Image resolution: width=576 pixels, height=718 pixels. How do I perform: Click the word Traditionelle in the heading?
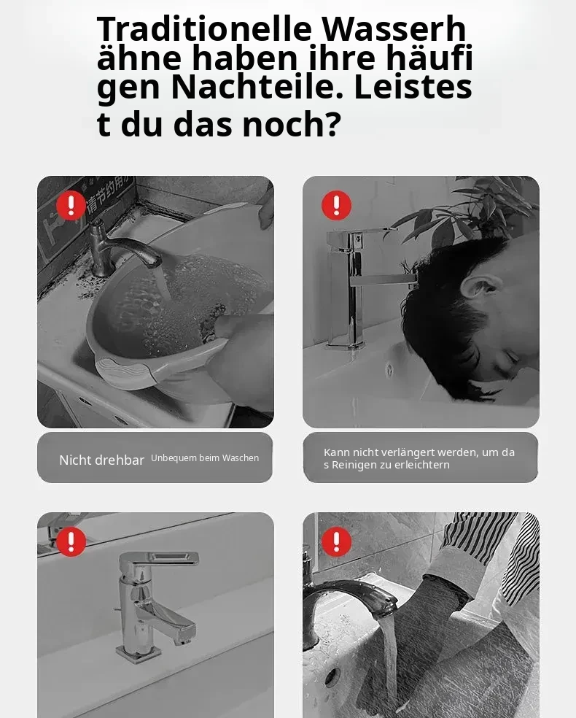tap(204, 28)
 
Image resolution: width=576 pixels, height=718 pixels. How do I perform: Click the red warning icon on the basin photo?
tap(71, 206)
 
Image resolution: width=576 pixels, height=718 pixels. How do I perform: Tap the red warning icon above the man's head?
tap(336, 206)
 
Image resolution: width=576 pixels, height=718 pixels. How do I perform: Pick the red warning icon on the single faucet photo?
tap(71, 541)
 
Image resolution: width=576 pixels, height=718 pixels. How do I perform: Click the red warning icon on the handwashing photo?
tap(336, 541)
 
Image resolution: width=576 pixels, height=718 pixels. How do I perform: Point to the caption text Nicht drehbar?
tap(101, 460)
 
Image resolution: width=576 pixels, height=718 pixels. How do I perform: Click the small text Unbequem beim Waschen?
tap(205, 458)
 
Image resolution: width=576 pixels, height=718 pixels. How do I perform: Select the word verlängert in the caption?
tap(406, 452)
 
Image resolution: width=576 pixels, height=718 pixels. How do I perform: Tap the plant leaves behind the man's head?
tap(462, 211)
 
